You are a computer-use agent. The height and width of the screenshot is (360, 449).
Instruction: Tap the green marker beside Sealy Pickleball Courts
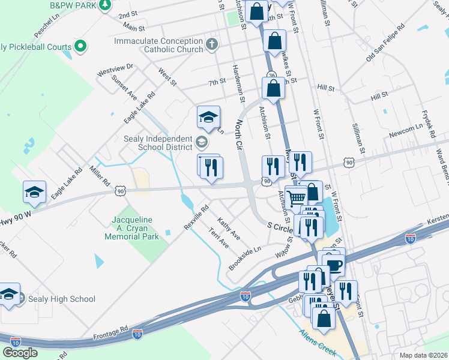click(x=80, y=46)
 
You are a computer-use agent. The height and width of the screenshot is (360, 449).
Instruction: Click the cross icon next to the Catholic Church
click(x=211, y=44)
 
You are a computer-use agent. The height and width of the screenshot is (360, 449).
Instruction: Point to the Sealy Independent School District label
click(x=157, y=143)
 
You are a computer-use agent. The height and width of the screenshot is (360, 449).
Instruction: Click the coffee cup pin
click(x=334, y=264)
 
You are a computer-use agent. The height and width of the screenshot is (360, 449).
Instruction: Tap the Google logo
click(x=20, y=352)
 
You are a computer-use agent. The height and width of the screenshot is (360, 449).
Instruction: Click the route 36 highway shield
click(x=272, y=75)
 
